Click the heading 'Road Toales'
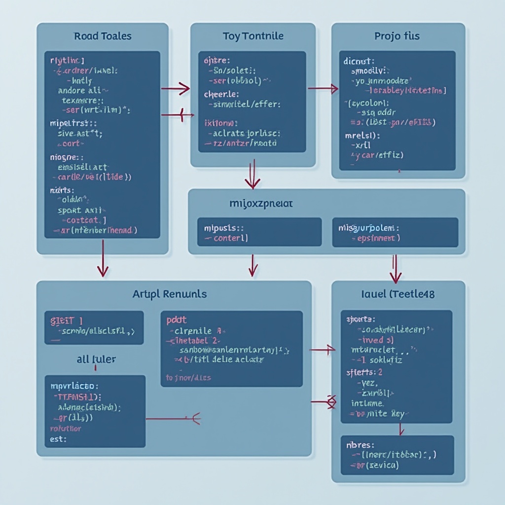click(x=102, y=36)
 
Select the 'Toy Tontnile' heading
click(x=252, y=36)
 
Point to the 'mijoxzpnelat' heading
click(x=261, y=203)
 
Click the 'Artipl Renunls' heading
click(x=170, y=294)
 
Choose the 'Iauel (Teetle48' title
click(x=398, y=294)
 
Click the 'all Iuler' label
click(x=96, y=359)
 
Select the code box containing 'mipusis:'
click(x=259, y=232)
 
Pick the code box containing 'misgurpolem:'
click(x=395, y=232)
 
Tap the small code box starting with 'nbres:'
click(x=397, y=455)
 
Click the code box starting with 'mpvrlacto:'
click(x=95, y=411)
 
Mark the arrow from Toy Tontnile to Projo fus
click(x=323, y=89)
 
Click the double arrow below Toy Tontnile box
click(x=252, y=175)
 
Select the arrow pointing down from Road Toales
click(x=103, y=258)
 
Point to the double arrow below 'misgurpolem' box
click(x=395, y=268)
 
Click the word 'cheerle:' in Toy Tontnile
click(x=221, y=94)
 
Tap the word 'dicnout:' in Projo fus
click(x=360, y=62)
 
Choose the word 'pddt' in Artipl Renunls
click(x=177, y=320)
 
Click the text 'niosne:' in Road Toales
click(x=63, y=157)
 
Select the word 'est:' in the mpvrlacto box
click(x=58, y=438)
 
